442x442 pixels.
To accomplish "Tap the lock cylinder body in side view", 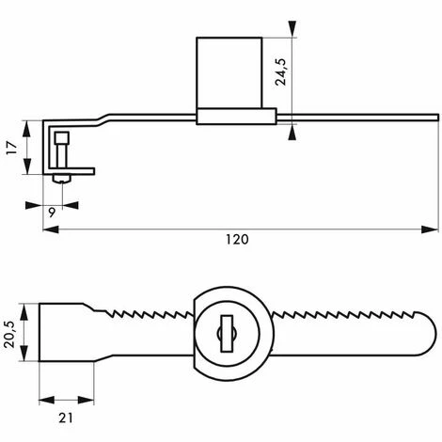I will tap(229, 73).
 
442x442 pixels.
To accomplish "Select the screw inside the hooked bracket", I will tap(62, 150).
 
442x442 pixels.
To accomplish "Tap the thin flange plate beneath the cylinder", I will tap(236, 117).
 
